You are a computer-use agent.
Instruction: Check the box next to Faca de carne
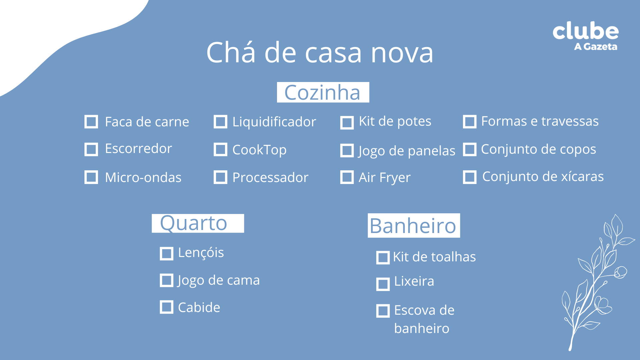(91, 122)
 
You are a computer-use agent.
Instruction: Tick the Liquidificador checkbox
(220, 122)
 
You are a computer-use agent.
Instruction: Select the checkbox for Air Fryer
(347, 177)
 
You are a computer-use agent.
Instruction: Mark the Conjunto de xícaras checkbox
(469, 177)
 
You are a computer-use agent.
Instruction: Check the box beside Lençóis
(166, 254)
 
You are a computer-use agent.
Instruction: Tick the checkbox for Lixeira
(383, 284)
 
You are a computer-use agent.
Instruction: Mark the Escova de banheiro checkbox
(383, 311)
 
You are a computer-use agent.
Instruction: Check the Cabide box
(166, 307)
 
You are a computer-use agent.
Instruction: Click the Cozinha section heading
(323, 92)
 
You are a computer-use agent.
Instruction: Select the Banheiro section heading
(413, 226)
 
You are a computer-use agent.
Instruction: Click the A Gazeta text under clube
(595, 47)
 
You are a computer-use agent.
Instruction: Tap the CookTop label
(259, 150)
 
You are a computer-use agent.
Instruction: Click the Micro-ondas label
(143, 177)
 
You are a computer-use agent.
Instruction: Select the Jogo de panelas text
(407, 151)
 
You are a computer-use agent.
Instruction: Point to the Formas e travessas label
(540, 121)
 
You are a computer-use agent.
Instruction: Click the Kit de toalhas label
(434, 257)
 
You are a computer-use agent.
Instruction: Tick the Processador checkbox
(220, 177)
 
